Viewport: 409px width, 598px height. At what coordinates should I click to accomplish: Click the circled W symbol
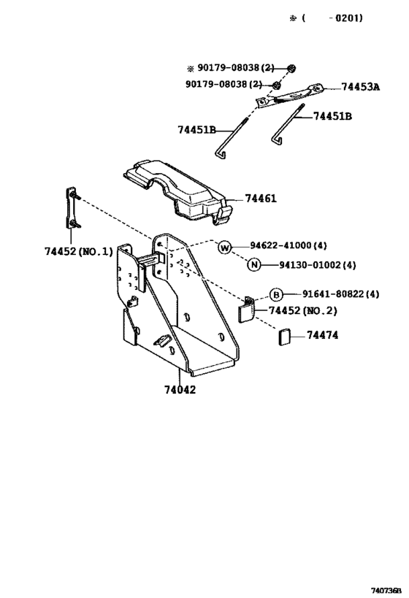[225, 248]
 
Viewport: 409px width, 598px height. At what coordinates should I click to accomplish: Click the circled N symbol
[253, 264]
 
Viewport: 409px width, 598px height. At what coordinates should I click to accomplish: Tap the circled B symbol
[276, 294]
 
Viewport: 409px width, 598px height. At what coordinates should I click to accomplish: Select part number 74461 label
[261, 199]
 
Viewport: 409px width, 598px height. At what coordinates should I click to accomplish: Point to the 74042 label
[180, 390]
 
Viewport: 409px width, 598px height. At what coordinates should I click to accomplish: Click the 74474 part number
[322, 335]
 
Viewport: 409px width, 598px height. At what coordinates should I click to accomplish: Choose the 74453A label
[361, 87]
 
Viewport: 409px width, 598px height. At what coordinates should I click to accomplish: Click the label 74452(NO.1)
[79, 251]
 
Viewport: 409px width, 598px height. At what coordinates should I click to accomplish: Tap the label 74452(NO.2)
[303, 311]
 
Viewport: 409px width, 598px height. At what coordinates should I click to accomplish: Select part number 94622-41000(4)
[288, 245]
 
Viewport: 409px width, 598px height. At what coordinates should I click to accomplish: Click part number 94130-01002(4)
[318, 264]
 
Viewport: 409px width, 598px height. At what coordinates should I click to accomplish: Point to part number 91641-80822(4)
[340, 294]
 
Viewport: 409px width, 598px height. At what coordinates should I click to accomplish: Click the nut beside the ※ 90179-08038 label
[292, 68]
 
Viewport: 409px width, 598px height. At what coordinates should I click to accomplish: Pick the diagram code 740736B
[387, 591]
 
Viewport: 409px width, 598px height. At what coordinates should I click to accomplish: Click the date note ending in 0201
[326, 18]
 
